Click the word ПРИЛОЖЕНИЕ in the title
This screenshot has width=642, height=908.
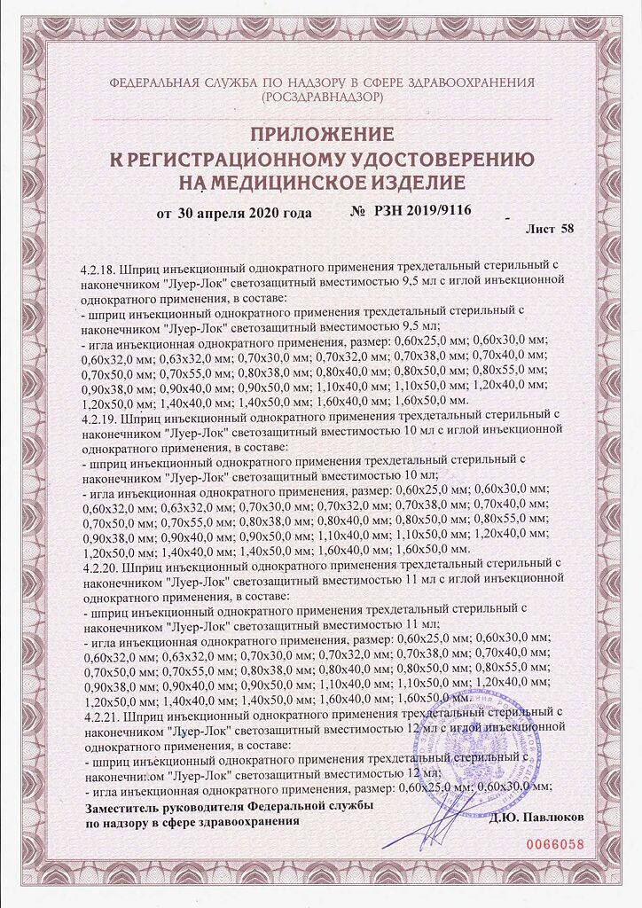(321, 136)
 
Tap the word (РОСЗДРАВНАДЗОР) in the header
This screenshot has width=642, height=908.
(321, 95)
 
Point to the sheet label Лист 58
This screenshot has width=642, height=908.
(550, 228)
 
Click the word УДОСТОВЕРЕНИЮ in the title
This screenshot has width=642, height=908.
(429, 160)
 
